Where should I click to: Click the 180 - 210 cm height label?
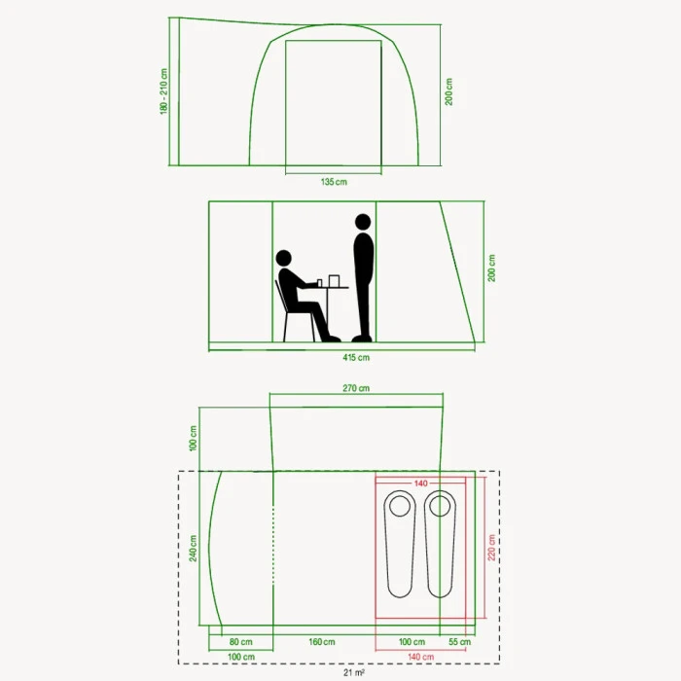163,91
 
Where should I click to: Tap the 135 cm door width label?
334,182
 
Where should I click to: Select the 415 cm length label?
356,357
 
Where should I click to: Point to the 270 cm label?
356,388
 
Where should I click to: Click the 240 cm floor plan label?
193,548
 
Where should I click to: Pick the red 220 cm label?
491,547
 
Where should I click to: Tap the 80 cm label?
240,641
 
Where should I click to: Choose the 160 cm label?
322,641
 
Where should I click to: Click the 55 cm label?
459,641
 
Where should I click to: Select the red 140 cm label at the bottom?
420,657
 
